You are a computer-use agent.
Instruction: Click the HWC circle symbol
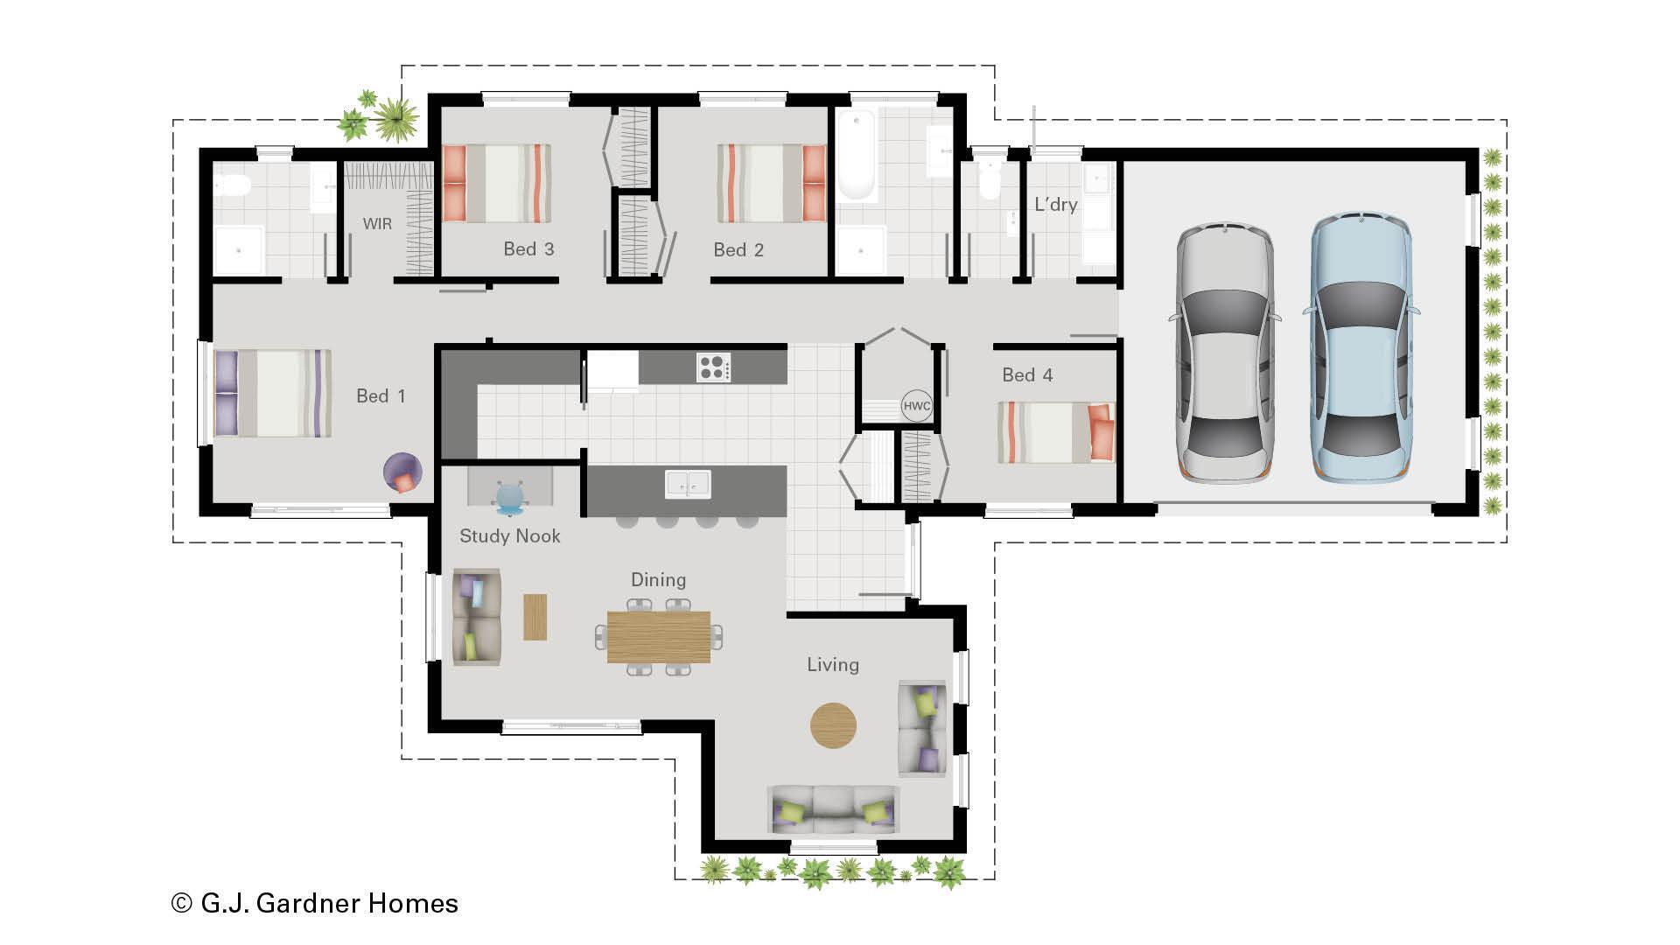pos(916,406)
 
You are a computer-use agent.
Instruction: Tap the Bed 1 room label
pos(381,396)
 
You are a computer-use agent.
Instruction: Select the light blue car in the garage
pos(1361,347)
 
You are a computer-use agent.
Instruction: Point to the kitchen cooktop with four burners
pos(713,367)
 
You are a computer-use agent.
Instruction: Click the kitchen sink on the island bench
pos(688,484)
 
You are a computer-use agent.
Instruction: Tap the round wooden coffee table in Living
pos(833,725)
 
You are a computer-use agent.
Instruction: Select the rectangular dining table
pos(659,637)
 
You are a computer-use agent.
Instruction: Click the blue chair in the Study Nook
pos(511,496)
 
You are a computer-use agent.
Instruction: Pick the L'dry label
pos(1055,205)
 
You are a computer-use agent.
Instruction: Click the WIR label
pos(377,224)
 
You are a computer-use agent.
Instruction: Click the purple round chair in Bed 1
pos(402,472)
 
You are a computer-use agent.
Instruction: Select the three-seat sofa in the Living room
pos(833,808)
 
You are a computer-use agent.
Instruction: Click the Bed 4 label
pos(1027,375)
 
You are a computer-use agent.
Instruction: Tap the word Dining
pos(658,580)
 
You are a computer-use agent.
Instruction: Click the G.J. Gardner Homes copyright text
pos(315,903)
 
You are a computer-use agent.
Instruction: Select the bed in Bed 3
pos(497,183)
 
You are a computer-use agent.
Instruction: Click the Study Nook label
pos(509,536)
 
